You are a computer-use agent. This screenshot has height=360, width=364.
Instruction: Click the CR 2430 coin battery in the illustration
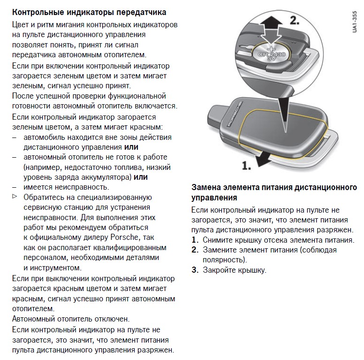coord(271,55)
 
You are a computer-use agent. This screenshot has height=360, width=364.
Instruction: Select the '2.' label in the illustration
coord(294,21)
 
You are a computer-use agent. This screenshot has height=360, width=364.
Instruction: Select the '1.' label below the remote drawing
coord(246,165)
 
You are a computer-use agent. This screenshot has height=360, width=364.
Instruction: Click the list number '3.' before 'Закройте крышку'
coord(195,270)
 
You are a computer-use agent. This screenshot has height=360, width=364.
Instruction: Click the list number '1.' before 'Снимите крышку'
coord(195,240)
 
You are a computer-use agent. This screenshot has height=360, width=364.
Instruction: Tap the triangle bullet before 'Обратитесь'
coord(15,196)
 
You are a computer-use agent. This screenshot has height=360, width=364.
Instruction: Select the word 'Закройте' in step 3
coord(218,270)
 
